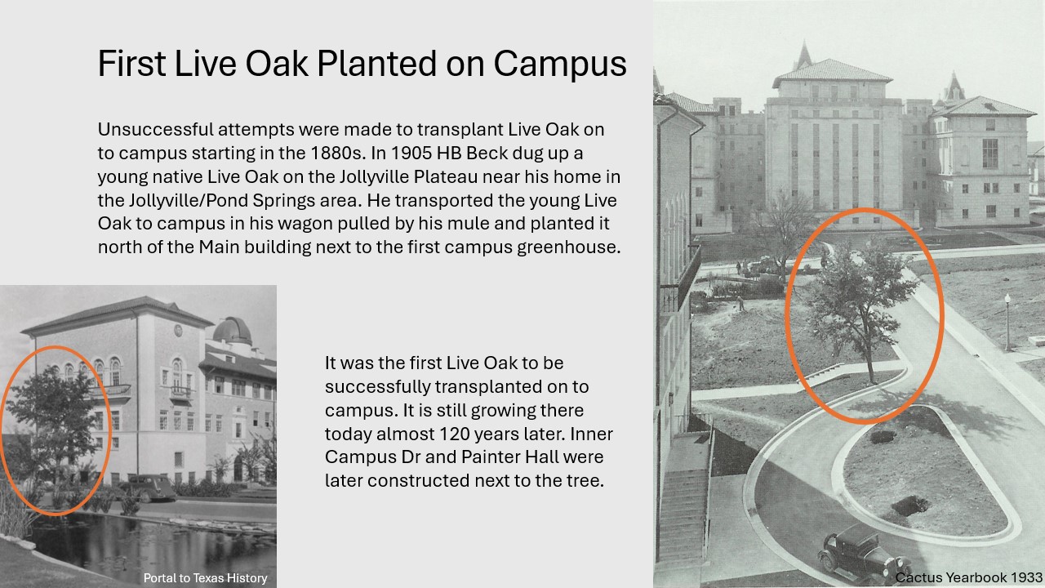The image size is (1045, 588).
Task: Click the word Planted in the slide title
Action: [x=376, y=64]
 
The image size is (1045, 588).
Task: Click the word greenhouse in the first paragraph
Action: [x=568, y=247]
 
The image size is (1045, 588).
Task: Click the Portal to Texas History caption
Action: [x=205, y=577]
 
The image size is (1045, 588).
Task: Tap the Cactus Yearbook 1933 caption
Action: [x=968, y=577]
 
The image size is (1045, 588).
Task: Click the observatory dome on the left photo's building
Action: [x=232, y=331]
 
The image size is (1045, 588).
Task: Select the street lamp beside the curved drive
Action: [x=1007, y=322]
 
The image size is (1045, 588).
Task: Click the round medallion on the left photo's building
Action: [x=178, y=330]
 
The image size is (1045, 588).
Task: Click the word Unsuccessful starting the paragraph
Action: [x=155, y=129]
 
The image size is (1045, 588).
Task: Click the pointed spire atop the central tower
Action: [x=804, y=55]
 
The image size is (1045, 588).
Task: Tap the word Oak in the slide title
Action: [x=277, y=64]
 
